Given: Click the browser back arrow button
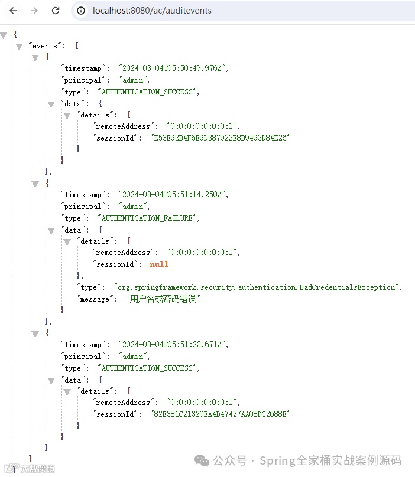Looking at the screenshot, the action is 13,11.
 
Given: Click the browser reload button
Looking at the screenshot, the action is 55,11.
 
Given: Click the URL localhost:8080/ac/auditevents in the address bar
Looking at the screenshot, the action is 152,11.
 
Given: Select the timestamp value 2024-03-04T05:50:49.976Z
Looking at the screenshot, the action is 173,68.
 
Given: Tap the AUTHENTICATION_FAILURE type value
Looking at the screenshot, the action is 148,218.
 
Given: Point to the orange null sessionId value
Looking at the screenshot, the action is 159,264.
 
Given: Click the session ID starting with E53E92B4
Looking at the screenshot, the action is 221,138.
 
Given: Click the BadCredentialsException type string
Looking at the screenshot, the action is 257,287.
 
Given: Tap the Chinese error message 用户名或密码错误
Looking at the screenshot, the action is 163,299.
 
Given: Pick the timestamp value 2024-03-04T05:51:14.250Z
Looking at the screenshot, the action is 173,195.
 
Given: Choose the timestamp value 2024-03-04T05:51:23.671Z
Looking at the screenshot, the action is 173,345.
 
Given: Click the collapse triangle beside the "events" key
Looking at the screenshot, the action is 19,46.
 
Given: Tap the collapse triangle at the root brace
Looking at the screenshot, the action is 4,35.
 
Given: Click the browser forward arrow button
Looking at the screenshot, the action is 34,11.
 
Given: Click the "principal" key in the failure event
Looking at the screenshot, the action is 82,207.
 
